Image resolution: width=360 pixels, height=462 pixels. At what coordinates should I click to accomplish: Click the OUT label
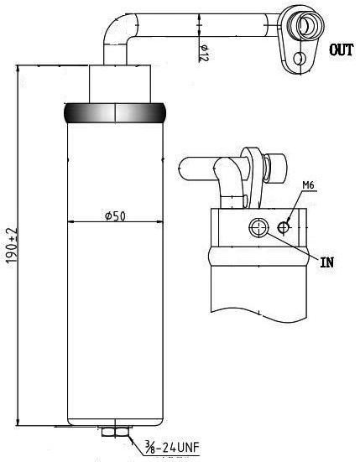pyautogui.click(x=341, y=49)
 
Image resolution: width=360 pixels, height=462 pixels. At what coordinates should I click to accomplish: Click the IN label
pyautogui.click(x=327, y=262)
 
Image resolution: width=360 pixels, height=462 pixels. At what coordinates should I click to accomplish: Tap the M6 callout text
pyautogui.click(x=309, y=185)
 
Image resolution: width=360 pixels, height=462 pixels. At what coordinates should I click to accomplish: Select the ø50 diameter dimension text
pyautogui.click(x=115, y=216)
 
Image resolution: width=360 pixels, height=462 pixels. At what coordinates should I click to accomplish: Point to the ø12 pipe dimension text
pyautogui.click(x=204, y=53)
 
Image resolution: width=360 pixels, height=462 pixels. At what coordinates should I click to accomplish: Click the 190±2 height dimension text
pyautogui.click(x=12, y=246)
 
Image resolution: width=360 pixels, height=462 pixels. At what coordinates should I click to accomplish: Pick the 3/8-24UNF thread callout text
pyautogui.click(x=172, y=447)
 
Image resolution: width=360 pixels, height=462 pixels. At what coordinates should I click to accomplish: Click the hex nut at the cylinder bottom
pyautogui.click(x=115, y=432)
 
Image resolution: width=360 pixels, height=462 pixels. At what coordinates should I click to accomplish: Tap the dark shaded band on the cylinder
pyautogui.click(x=115, y=113)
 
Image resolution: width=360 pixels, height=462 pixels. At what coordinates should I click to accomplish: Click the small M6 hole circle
pyautogui.click(x=284, y=227)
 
